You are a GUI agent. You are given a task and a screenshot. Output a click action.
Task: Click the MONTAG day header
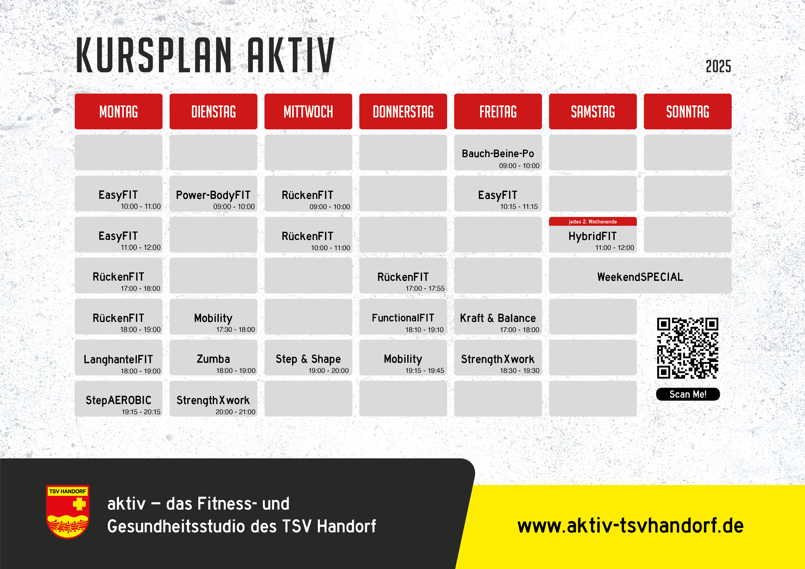tap(118, 112)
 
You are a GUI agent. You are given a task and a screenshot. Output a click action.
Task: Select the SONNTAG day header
tap(688, 112)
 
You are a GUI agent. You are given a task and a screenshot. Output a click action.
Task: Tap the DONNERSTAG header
tap(403, 112)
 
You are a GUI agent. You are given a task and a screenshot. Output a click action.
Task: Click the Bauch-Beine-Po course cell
tap(498, 153)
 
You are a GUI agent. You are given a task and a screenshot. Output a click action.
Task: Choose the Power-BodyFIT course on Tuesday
tap(213, 193)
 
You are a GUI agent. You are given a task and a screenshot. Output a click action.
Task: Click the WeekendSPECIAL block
tap(640, 276)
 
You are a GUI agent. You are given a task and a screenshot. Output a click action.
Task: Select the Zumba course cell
tap(213, 358)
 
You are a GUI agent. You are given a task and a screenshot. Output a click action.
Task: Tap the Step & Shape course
tap(308, 358)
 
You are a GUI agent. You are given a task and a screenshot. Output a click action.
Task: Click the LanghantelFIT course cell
tap(118, 358)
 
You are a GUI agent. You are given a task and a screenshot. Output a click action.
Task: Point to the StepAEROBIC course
tap(118, 399)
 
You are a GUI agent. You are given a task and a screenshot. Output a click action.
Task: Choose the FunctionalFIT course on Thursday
tap(403, 317)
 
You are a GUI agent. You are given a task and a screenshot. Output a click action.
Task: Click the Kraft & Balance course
tap(498, 317)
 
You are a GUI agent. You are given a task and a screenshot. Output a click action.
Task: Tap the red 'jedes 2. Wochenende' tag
tap(593, 221)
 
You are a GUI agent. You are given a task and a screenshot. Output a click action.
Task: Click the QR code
tap(688, 348)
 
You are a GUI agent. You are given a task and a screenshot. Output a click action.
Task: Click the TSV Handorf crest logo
tap(68, 511)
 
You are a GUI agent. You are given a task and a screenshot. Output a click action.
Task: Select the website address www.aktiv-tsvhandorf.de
tap(630, 526)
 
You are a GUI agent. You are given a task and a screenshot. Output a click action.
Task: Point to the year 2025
tap(718, 66)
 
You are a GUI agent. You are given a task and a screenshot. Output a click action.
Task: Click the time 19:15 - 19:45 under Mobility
tap(425, 371)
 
